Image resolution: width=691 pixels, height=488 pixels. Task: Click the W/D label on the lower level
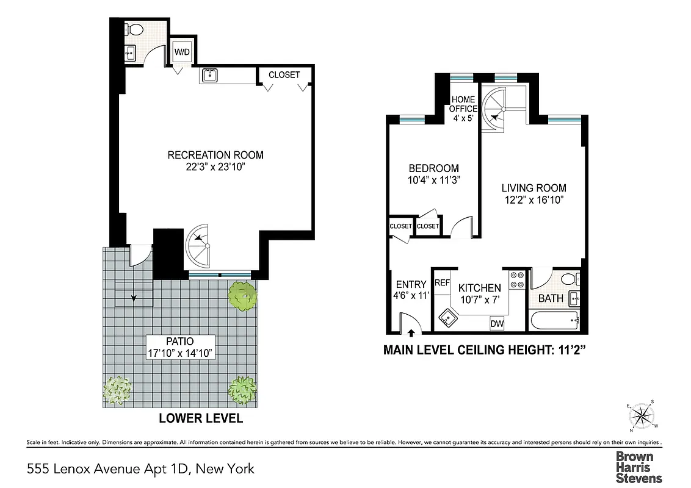pyautogui.click(x=182, y=52)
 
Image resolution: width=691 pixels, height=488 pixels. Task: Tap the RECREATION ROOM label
pyautogui.click(x=215, y=155)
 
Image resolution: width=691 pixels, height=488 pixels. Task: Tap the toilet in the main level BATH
pyautogui.click(x=569, y=279)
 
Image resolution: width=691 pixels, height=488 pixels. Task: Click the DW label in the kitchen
pyautogui.click(x=497, y=324)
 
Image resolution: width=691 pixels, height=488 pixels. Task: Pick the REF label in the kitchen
pyautogui.click(x=442, y=283)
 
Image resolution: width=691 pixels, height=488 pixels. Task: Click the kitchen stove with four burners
pyautogui.click(x=518, y=279)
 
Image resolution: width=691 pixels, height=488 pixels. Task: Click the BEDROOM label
pyautogui.click(x=433, y=168)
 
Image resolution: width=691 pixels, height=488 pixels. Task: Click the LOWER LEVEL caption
pyautogui.click(x=201, y=418)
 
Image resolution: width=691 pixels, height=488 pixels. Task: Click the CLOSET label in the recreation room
pyautogui.click(x=284, y=75)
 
